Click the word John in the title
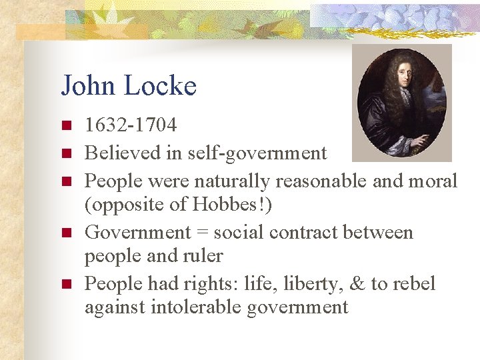(x=87, y=86)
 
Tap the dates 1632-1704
(x=131, y=125)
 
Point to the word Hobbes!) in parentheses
(x=235, y=205)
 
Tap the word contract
(x=293, y=233)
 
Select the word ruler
(x=201, y=256)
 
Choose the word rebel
(x=413, y=284)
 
